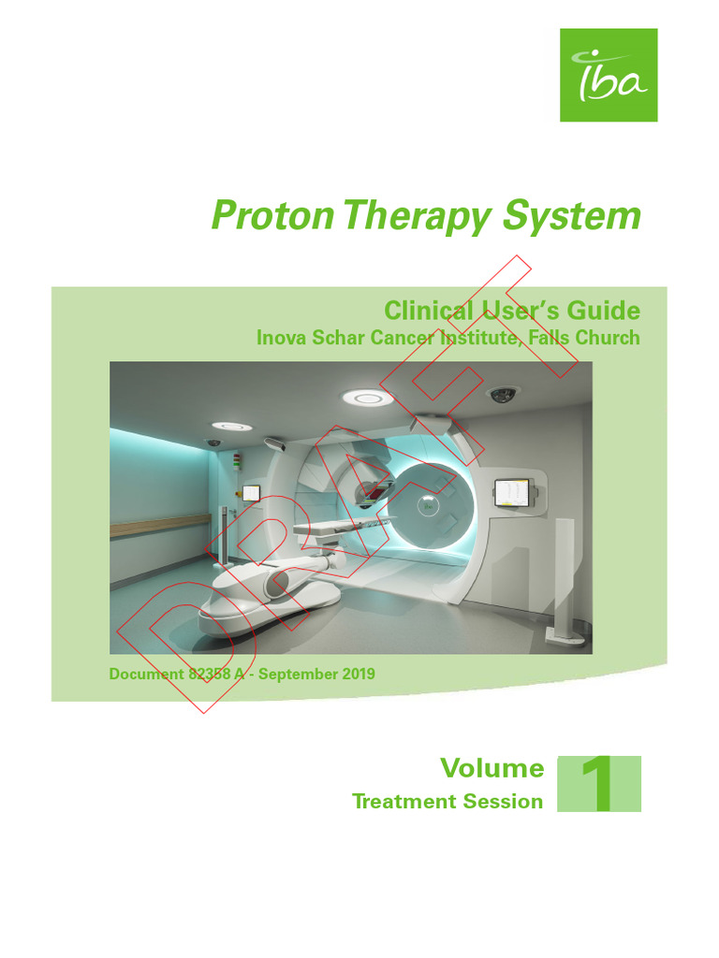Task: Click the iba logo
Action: click(609, 75)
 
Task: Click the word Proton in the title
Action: click(271, 216)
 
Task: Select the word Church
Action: click(608, 338)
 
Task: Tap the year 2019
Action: click(358, 674)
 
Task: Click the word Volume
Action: click(492, 769)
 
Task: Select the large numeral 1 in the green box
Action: click(599, 784)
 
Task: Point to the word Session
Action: click(507, 802)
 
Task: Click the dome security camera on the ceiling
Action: click(504, 395)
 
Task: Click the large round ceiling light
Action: click(367, 398)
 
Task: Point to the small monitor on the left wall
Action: click(251, 493)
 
